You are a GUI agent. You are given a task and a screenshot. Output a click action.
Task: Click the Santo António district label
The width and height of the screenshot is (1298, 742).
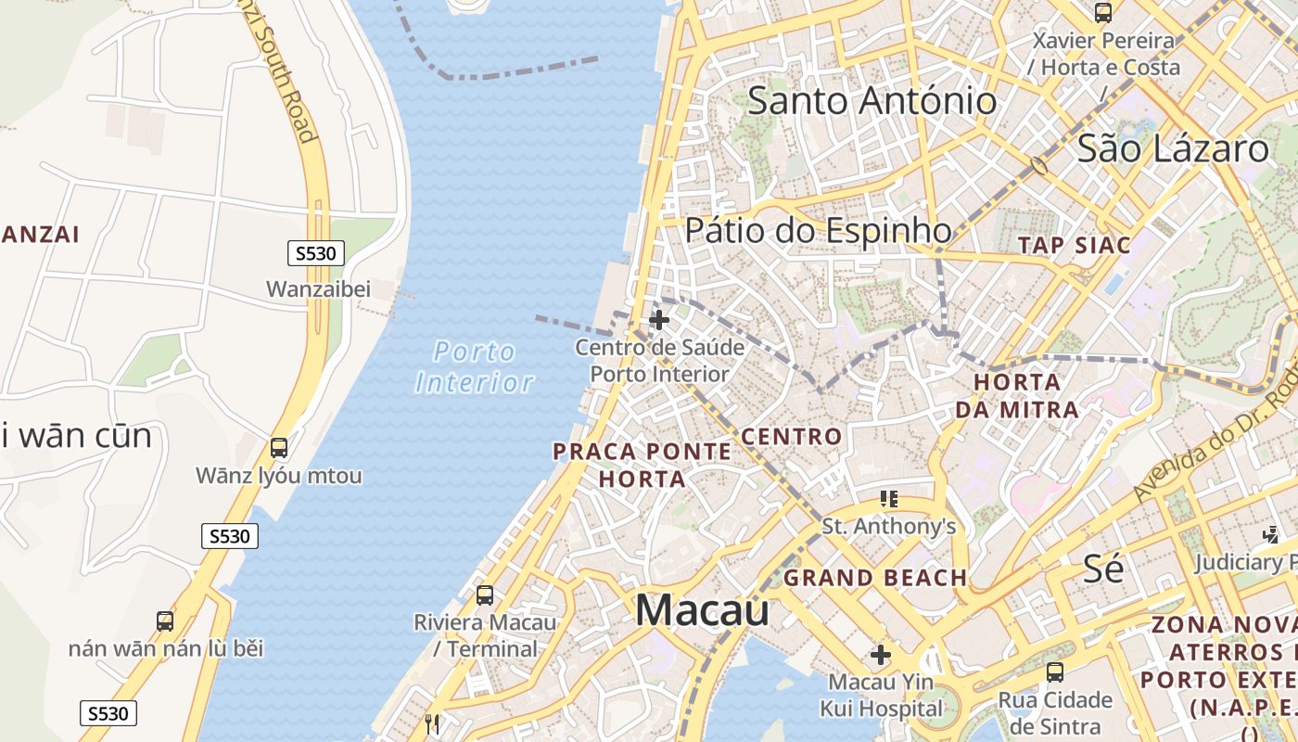pyautogui.click(x=872, y=100)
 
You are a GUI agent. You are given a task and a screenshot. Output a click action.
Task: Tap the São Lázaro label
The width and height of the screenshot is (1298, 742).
pyautogui.click(x=1172, y=148)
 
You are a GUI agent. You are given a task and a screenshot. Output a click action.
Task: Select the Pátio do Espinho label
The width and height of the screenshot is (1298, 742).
pyautogui.click(x=818, y=231)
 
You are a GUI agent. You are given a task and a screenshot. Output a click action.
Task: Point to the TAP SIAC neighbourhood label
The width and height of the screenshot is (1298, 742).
pyautogui.click(x=1075, y=246)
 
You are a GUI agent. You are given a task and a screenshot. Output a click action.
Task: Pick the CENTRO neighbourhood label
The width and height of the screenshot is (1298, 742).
pyautogui.click(x=792, y=436)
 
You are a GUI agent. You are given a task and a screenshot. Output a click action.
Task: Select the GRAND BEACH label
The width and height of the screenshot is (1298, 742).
pyautogui.click(x=875, y=578)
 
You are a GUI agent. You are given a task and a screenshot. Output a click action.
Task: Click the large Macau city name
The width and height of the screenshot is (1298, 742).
pyautogui.click(x=702, y=610)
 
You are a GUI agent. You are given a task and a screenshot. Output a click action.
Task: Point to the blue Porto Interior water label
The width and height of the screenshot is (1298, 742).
pyautogui.click(x=475, y=367)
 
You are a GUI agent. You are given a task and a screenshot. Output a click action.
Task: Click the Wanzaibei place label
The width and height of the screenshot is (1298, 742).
pyautogui.click(x=318, y=289)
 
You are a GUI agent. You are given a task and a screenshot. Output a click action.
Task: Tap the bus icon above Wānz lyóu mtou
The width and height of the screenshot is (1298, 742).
pyautogui.click(x=279, y=448)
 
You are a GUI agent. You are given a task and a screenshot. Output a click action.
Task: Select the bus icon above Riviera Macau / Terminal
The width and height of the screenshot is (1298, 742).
pyautogui.click(x=484, y=595)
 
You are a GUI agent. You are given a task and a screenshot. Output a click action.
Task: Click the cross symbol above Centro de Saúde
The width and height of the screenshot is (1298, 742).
pyautogui.click(x=659, y=321)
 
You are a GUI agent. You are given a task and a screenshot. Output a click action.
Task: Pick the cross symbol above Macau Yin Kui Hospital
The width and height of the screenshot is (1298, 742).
pyautogui.click(x=881, y=656)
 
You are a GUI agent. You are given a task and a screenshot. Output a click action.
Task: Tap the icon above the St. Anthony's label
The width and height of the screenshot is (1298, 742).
pyautogui.click(x=889, y=499)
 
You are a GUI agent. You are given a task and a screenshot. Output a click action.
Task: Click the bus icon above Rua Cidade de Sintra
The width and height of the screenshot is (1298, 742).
pyautogui.click(x=1054, y=672)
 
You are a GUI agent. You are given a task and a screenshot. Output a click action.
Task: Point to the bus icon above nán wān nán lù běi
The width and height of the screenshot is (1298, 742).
pyautogui.click(x=165, y=620)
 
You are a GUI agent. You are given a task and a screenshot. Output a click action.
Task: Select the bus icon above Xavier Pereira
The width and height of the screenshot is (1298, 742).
pyautogui.click(x=1102, y=13)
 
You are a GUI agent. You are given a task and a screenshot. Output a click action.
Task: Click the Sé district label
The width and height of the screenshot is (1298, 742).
pyautogui.click(x=1103, y=568)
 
